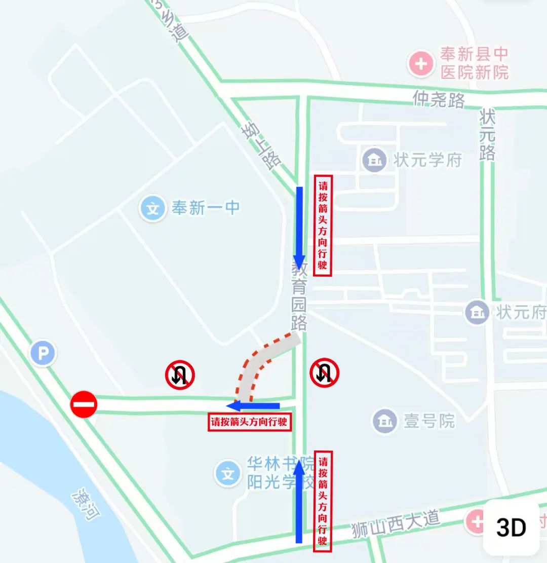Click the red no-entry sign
point(84,404)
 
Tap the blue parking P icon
point(43,353)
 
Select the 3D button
point(511,528)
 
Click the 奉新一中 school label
point(205,208)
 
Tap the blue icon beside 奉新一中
point(152,208)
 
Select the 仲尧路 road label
point(439,99)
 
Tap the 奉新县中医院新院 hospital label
point(474,63)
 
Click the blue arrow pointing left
point(253,405)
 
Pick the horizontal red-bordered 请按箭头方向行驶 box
point(250,422)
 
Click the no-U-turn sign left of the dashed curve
point(180,374)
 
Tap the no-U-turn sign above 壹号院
point(324,373)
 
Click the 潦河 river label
point(86,504)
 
